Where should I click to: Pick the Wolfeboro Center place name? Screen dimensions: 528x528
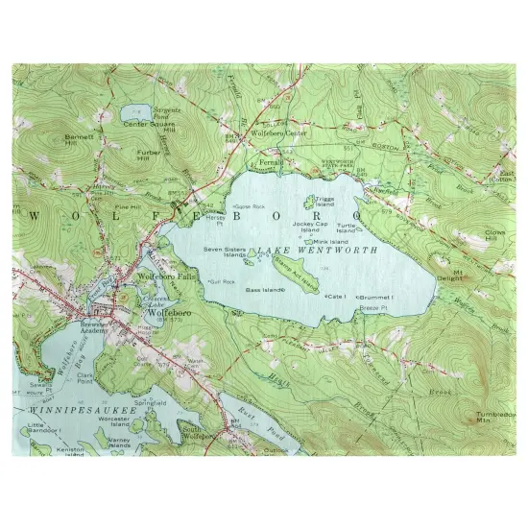(280, 133)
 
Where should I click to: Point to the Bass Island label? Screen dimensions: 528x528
(264, 289)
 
